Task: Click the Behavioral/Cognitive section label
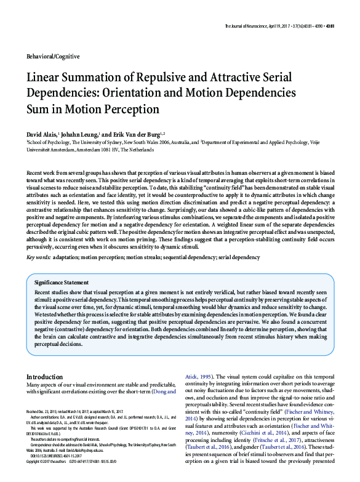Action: [53, 57]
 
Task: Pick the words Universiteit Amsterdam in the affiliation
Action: [50, 149]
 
